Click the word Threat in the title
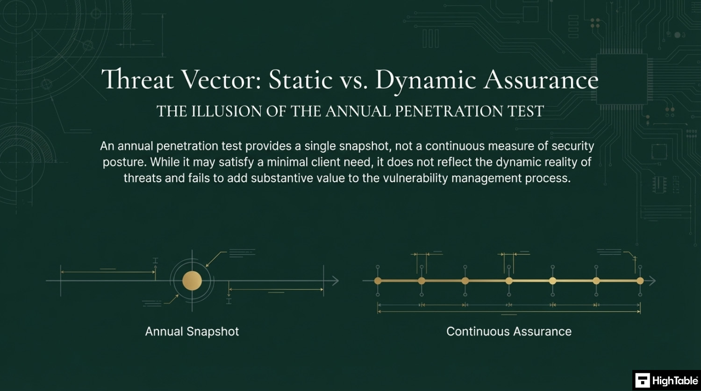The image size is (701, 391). coord(137,79)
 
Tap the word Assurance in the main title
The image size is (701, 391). coord(541,79)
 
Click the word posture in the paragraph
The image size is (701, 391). coord(125,163)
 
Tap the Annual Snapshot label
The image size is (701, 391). coord(192,331)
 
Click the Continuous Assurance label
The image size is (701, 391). coord(509,331)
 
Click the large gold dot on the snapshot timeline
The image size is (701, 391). coord(192,281)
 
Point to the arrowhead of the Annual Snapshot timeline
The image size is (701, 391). coord(335,281)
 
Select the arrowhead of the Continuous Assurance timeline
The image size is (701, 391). coord(652,281)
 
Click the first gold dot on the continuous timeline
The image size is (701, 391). coord(378,281)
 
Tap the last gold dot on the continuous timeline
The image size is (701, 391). coord(640,281)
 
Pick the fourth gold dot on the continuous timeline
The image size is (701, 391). coord(509,281)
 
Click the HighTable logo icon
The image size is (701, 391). coord(643,380)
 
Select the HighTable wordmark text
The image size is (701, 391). coord(675,381)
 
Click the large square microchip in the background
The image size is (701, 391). coord(622,79)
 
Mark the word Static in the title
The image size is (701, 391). coord(300,79)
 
